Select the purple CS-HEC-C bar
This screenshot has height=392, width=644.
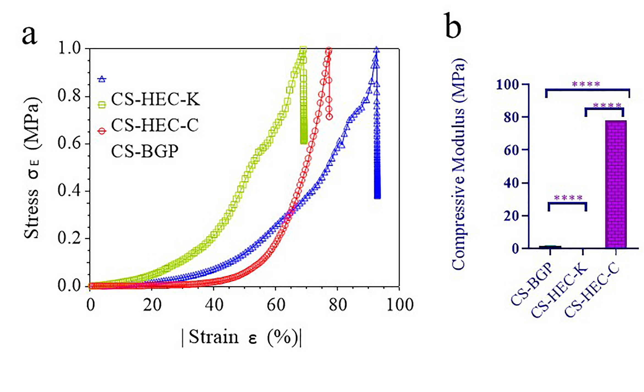(x=616, y=184)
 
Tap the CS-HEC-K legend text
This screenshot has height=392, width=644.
(x=155, y=99)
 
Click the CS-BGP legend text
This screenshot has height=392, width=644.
(x=145, y=151)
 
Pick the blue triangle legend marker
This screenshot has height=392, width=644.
(x=102, y=79)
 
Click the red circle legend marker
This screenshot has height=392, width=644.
(x=102, y=131)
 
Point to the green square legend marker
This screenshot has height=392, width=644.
(x=102, y=105)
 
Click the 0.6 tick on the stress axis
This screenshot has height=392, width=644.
(x=69, y=144)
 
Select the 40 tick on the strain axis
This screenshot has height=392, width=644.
(x=214, y=305)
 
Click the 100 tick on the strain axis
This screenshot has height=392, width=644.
(x=400, y=305)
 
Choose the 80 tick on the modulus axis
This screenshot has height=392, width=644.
(x=511, y=117)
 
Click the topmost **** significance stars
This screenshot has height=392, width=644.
(x=586, y=84)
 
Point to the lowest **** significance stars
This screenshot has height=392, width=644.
(x=568, y=198)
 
